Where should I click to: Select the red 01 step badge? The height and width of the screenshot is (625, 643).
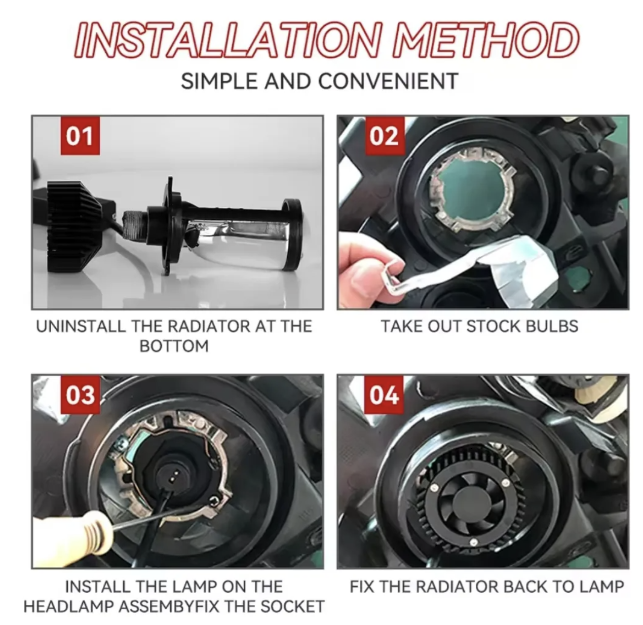pyautogui.click(x=80, y=135)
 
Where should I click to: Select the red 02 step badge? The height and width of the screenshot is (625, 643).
pyautogui.click(x=384, y=135)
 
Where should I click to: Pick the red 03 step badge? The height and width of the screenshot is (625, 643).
pyautogui.click(x=80, y=395)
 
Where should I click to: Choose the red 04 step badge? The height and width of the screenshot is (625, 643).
pyautogui.click(x=384, y=395)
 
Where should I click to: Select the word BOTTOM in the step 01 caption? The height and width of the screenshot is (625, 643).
pyautogui.click(x=174, y=346)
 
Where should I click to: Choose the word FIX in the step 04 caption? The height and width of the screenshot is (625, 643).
pyautogui.click(x=361, y=587)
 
